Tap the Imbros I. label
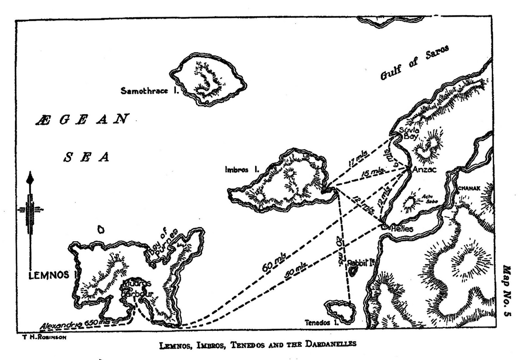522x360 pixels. coord(241,170)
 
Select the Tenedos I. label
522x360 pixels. coord(322,323)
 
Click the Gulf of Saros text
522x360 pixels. coord(415,62)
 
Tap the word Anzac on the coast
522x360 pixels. coord(424,170)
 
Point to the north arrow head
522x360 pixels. coord(30,178)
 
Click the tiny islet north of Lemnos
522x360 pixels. coord(101,229)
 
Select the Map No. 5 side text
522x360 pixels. coord(507,290)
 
